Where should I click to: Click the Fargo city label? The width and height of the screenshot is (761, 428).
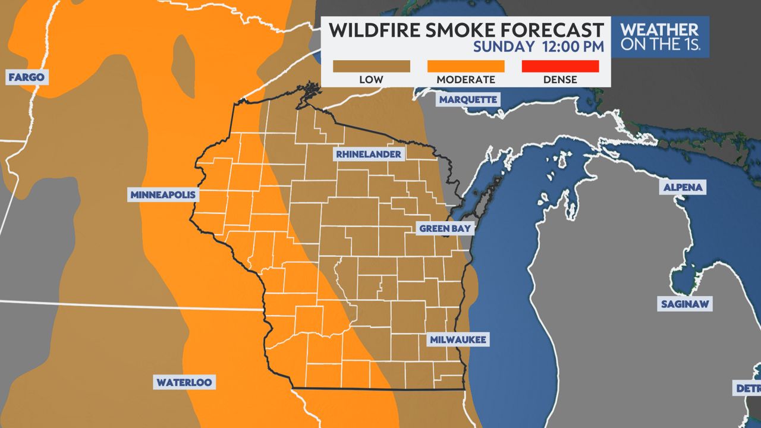(x=26, y=77)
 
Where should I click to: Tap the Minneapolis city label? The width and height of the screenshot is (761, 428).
(x=163, y=195)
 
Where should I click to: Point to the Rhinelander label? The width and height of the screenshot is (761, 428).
(x=368, y=155)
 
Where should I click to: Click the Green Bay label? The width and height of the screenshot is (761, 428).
(x=445, y=228)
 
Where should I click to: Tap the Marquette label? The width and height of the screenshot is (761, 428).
(x=468, y=99)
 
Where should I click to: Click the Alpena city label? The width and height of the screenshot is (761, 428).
(x=683, y=187)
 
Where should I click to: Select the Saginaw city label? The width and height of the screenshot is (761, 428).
(x=685, y=304)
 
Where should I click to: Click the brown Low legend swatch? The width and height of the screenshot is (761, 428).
(x=371, y=66)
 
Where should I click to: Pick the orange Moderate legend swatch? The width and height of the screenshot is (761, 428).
(x=466, y=66)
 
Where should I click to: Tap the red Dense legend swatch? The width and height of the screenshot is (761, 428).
(x=559, y=66)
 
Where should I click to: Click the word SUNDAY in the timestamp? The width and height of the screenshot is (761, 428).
(x=504, y=46)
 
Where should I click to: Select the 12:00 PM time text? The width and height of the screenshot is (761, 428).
(x=573, y=46)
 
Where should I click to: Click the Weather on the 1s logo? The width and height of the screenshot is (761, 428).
(x=660, y=37)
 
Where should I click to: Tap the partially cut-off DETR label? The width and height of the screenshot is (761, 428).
(x=748, y=388)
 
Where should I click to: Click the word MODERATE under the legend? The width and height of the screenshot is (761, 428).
(x=466, y=80)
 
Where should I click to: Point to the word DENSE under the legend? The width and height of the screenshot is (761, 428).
(x=559, y=80)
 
